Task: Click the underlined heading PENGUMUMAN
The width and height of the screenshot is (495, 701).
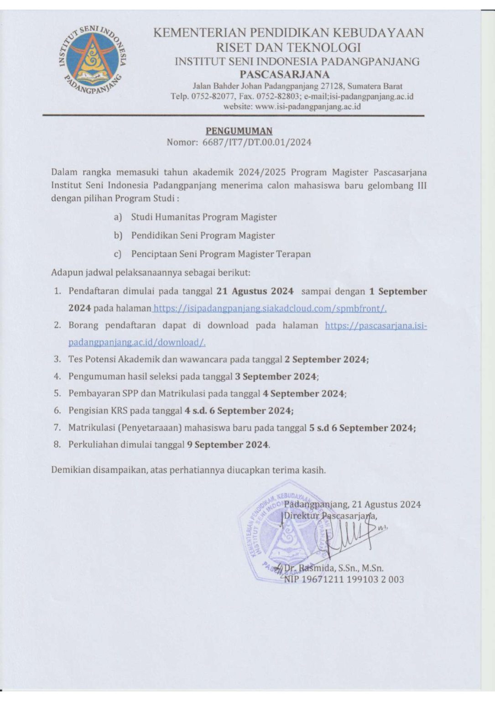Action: [x=239, y=131]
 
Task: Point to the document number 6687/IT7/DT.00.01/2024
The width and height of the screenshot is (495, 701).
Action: [x=257, y=142]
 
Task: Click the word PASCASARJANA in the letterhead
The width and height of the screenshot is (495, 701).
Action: [x=285, y=74]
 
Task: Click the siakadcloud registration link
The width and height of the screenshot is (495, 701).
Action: [x=270, y=309]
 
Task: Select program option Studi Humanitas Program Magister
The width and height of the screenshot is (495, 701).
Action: [x=204, y=217]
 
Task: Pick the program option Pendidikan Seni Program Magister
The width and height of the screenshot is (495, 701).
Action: [x=203, y=235]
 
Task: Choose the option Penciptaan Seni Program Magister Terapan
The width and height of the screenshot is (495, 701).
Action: [x=221, y=254]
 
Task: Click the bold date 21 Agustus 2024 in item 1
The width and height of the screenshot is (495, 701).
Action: [x=255, y=291]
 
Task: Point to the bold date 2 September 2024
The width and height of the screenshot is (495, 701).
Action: [x=326, y=359]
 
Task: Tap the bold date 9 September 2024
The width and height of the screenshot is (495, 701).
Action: [x=228, y=445]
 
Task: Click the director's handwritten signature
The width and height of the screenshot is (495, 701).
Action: [x=351, y=541]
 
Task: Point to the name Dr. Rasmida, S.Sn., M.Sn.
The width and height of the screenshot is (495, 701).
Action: [x=333, y=569]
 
